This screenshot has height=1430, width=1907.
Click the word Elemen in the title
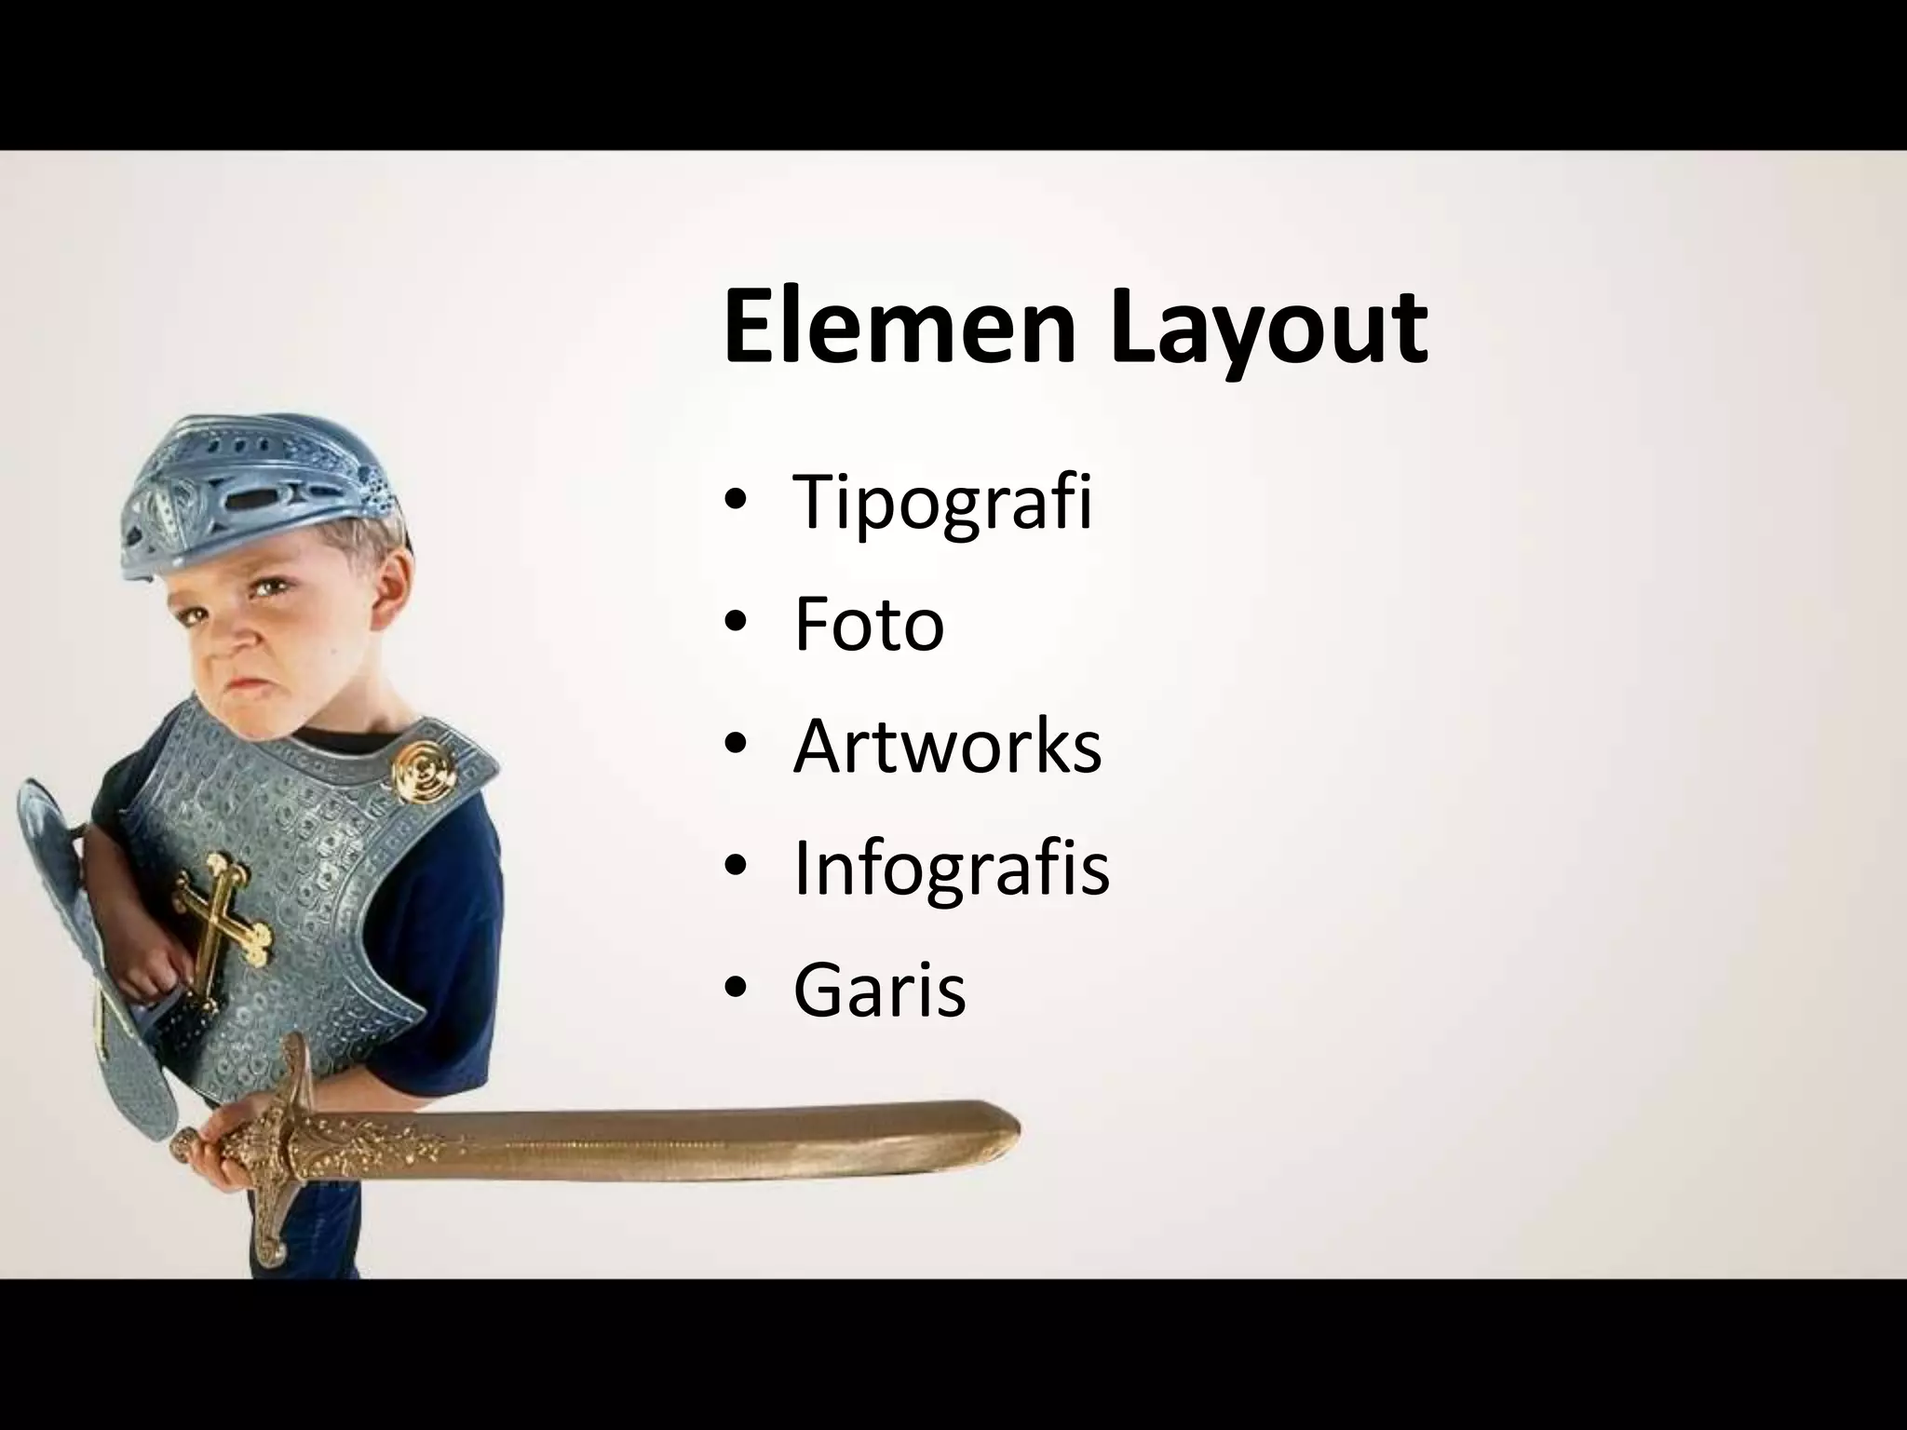point(898,328)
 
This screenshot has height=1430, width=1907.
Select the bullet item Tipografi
point(941,503)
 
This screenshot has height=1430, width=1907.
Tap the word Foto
point(868,625)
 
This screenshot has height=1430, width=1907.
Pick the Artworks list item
point(947,747)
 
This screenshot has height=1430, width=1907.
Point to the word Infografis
point(951,870)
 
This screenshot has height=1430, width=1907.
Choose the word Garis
point(879,991)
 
